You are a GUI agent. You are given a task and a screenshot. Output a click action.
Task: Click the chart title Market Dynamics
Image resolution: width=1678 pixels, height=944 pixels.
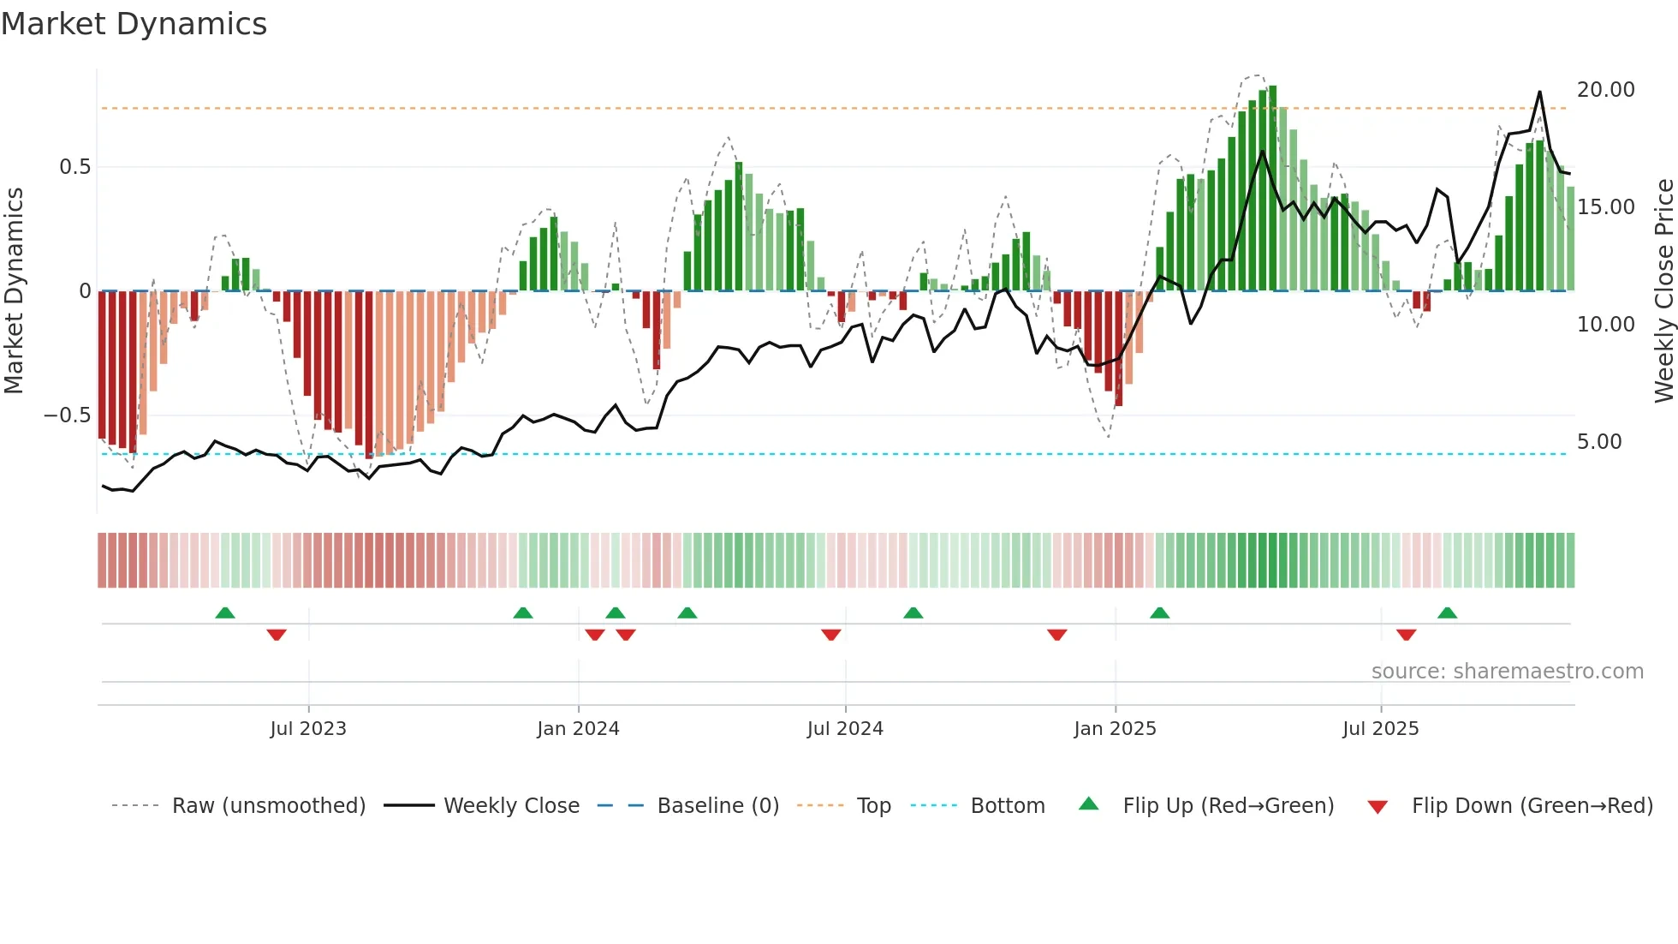point(134,24)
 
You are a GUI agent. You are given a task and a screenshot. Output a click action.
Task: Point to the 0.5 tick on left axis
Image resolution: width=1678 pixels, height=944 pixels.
point(74,167)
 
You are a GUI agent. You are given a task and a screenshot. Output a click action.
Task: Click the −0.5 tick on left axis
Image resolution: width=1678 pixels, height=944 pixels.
point(67,415)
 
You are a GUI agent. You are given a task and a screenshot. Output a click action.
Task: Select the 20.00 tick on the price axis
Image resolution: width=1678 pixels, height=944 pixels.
point(1605,90)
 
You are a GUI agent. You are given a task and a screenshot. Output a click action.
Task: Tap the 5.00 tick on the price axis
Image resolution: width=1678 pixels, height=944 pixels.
point(1598,442)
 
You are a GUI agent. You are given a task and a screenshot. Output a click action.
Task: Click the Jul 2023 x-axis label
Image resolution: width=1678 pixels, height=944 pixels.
point(308,729)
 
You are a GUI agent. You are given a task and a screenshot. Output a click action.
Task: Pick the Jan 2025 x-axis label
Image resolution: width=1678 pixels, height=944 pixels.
point(1115,729)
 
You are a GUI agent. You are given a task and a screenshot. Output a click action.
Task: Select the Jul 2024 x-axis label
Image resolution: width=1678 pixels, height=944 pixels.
point(845,729)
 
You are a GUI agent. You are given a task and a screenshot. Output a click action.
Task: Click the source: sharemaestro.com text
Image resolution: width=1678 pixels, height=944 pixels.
point(1507,672)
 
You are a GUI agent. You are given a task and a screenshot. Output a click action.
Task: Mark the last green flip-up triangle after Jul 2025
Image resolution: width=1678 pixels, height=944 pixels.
point(1447,613)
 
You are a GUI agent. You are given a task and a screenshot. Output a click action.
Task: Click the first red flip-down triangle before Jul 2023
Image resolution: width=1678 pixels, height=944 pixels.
point(276,635)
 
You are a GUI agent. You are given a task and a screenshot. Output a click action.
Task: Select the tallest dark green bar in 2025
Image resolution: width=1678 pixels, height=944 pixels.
point(1272,188)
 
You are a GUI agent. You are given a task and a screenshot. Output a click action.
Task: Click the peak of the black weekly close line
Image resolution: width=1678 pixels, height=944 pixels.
point(1539,92)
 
